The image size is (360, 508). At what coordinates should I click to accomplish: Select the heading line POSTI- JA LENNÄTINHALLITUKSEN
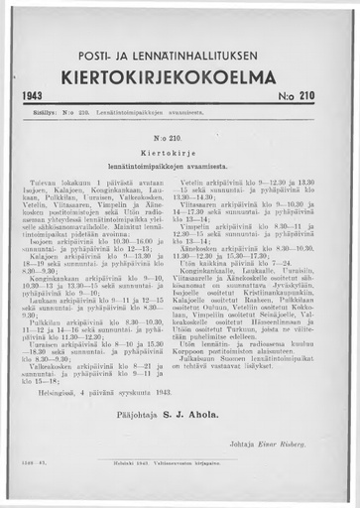(x=180, y=53)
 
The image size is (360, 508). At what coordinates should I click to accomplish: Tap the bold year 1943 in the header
(x=36, y=99)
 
